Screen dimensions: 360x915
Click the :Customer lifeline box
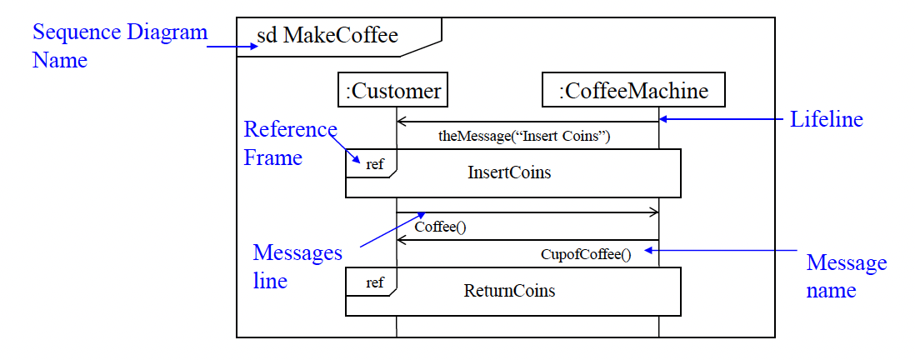click(x=393, y=90)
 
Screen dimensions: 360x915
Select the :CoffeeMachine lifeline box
click(x=633, y=90)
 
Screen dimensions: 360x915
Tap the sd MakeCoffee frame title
click(x=327, y=36)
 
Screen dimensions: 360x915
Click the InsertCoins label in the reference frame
click(x=509, y=173)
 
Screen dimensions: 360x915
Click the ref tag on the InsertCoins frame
click(x=375, y=164)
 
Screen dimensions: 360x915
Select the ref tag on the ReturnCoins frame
click(x=375, y=282)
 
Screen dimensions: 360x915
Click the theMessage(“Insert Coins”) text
click(x=524, y=137)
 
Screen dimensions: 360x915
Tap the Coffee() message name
click(x=439, y=226)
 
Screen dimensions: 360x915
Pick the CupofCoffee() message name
click(x=586, y=254)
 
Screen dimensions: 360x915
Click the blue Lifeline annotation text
click(x=826, y=120)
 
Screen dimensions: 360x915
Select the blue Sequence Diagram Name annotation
click(x=119, y=47)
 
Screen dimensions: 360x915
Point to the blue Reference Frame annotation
click(x=288, y=143)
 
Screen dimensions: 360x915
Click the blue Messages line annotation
click(x=297, y=266)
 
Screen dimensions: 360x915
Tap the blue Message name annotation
click(x=846, y=277)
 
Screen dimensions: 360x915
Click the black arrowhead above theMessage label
click(x=401, y=122)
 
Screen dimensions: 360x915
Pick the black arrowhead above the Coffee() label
click(x=654, y=212)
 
